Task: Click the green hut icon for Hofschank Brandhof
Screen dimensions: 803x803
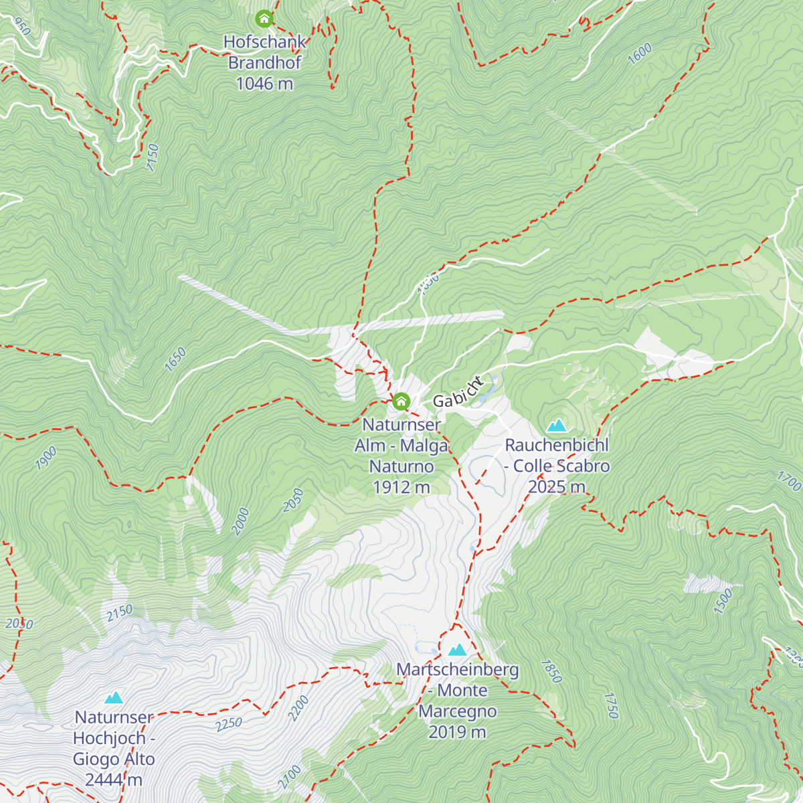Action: [264, 18]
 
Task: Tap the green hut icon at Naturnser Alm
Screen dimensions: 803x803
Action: [401, 401]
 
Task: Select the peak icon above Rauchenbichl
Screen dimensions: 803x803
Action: [556, 426]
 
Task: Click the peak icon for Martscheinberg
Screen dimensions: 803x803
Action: [458, 650]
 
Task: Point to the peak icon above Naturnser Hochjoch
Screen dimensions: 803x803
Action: [114, 698]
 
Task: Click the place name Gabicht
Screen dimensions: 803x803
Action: [458, 393]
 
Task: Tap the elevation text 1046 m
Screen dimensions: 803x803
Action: [264, 84]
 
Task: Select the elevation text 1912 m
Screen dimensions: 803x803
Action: [401, 487]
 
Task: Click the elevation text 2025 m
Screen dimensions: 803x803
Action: [556, 486]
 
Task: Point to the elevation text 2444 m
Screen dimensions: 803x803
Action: [114, 780]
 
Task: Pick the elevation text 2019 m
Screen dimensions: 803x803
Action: [457, 732]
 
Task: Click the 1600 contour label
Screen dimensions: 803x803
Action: [640, 54]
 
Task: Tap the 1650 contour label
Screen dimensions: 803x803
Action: [175, 359]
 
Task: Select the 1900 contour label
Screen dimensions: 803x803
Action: [46, 458]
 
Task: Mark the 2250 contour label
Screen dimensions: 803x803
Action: [228, 724]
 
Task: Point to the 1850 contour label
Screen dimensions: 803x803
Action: [551, 671]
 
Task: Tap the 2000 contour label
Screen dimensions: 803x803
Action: [240, 521]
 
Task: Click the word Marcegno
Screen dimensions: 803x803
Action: [458, 711]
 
